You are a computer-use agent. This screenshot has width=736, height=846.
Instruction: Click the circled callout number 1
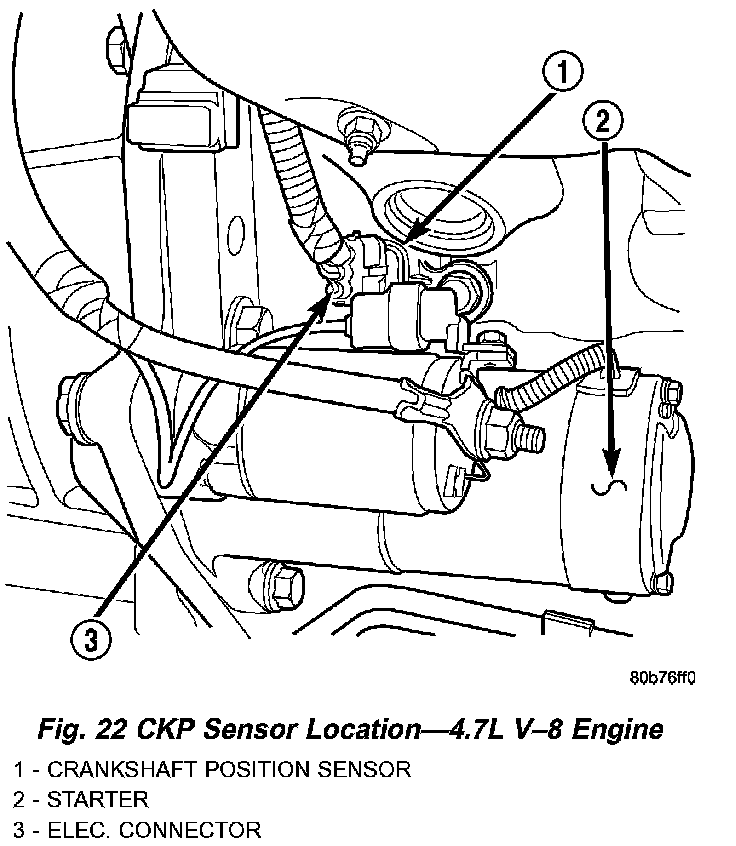tap(564, 72)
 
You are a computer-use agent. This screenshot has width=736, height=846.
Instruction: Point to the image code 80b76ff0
tap(662, 677)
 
